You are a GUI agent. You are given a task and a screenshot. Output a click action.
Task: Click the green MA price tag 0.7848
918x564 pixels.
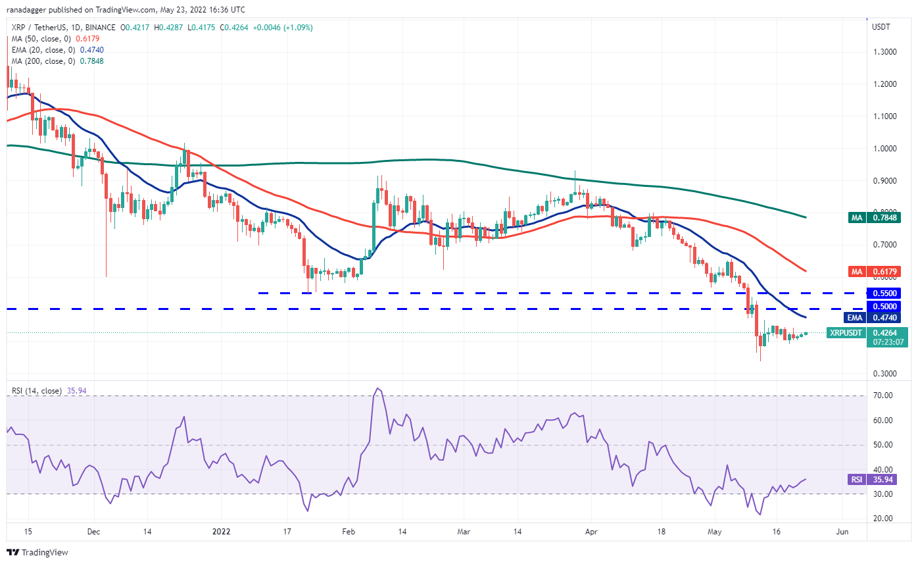[886, 218]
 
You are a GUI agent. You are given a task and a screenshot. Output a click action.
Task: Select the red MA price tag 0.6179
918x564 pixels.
[886, 271]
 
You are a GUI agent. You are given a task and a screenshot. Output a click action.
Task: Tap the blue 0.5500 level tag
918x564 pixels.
[886, 293]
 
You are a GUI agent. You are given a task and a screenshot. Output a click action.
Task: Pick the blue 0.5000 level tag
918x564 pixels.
[886, 307]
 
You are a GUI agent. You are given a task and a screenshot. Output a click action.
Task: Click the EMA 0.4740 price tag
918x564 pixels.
[886, 317]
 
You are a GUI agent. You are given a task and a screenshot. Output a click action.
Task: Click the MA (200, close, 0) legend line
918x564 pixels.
[57, 61]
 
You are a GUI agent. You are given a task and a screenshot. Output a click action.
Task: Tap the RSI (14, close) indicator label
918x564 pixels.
[37, 391]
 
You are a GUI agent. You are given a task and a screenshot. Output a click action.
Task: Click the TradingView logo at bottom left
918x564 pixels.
[37, 552]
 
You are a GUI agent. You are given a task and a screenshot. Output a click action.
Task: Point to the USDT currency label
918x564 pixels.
[882, 28]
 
